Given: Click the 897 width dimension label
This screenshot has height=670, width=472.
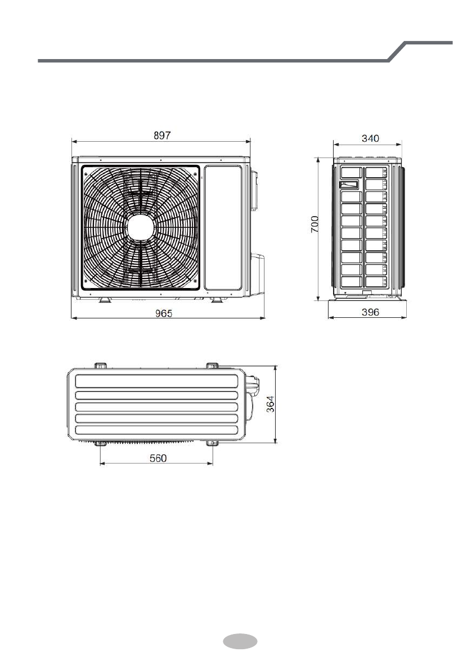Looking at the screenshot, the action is pos(162,136).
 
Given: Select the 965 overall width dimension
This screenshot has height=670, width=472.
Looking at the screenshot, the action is pos(164,314).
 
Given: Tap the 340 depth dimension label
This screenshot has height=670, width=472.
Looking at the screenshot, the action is pos(370,138).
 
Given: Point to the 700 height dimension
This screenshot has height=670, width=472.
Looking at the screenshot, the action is pos(314,224).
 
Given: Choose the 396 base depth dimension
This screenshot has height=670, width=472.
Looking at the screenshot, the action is pos(370,312).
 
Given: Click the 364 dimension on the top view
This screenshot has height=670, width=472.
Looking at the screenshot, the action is pos(271,404).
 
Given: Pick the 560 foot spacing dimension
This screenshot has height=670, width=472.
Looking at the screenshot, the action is pos(158,458).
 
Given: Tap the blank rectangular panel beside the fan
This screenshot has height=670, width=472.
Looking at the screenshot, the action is pos(223,228).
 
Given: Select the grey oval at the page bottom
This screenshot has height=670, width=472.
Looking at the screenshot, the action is pos(240,641).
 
